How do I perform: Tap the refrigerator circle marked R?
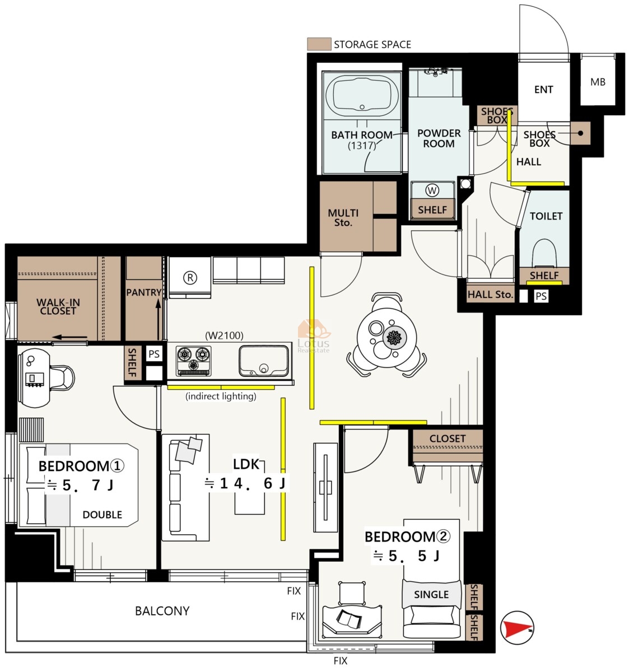click(190, 278)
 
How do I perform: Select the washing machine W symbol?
click(432, 190)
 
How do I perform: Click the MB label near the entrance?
click(598, 82)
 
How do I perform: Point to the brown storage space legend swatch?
click(319, 44)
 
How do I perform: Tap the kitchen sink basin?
click(264, 361)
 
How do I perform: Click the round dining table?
click(386, 337)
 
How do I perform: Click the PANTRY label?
click(143, 292)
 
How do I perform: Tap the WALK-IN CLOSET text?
click(58, 306)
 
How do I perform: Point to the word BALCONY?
click(162, 611)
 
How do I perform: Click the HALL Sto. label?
click(490, 295)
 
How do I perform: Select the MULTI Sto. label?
click(343, 218)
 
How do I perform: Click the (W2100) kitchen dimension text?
click(224, 335)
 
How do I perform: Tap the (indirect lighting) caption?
click(221, 396)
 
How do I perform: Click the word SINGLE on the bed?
click(431, 595)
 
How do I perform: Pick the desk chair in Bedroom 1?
click(62, 377)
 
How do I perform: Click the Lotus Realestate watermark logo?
click(314, 336)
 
